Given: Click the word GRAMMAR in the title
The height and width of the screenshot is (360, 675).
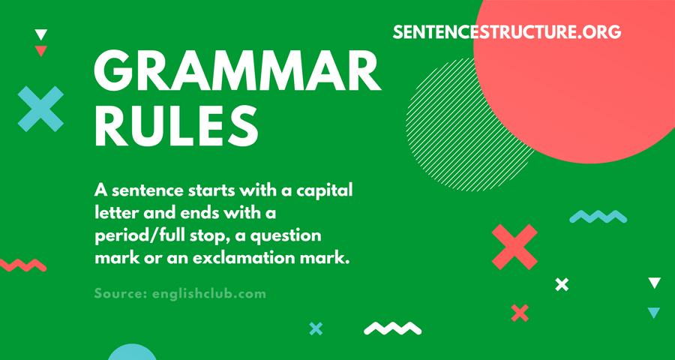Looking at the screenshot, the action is (237, 70).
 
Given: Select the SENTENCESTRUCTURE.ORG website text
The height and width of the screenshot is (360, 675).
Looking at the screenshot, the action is (507, 32).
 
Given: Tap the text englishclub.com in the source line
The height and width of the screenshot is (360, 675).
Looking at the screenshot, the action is (209, 295).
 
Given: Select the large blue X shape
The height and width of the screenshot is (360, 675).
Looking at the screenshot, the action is (40, 109).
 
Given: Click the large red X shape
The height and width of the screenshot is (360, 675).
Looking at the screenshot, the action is (514, 247).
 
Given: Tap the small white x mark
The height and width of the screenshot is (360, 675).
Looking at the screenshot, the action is (562, 285).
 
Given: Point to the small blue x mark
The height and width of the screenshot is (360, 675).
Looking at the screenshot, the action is (316, 328).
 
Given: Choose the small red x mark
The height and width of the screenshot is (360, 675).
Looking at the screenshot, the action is (520, 313).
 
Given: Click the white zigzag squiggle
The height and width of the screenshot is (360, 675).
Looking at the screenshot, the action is (392, 328).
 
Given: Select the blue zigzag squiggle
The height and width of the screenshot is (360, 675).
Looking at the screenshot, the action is (598, 217).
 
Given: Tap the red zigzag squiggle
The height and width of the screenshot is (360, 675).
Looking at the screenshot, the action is (22, 265).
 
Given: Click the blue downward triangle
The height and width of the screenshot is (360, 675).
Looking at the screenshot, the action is (654, 313).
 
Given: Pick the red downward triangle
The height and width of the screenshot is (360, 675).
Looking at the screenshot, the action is (41, 51).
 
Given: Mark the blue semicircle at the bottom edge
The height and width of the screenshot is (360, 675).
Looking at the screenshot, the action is (132, 353).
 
